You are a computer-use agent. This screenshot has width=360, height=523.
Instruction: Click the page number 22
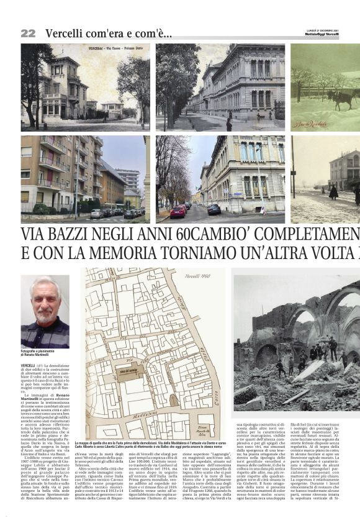click(28, 33)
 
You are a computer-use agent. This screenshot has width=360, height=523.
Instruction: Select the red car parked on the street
click(178, 212)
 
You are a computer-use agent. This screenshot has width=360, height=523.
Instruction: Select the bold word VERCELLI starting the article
click(28, 365)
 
